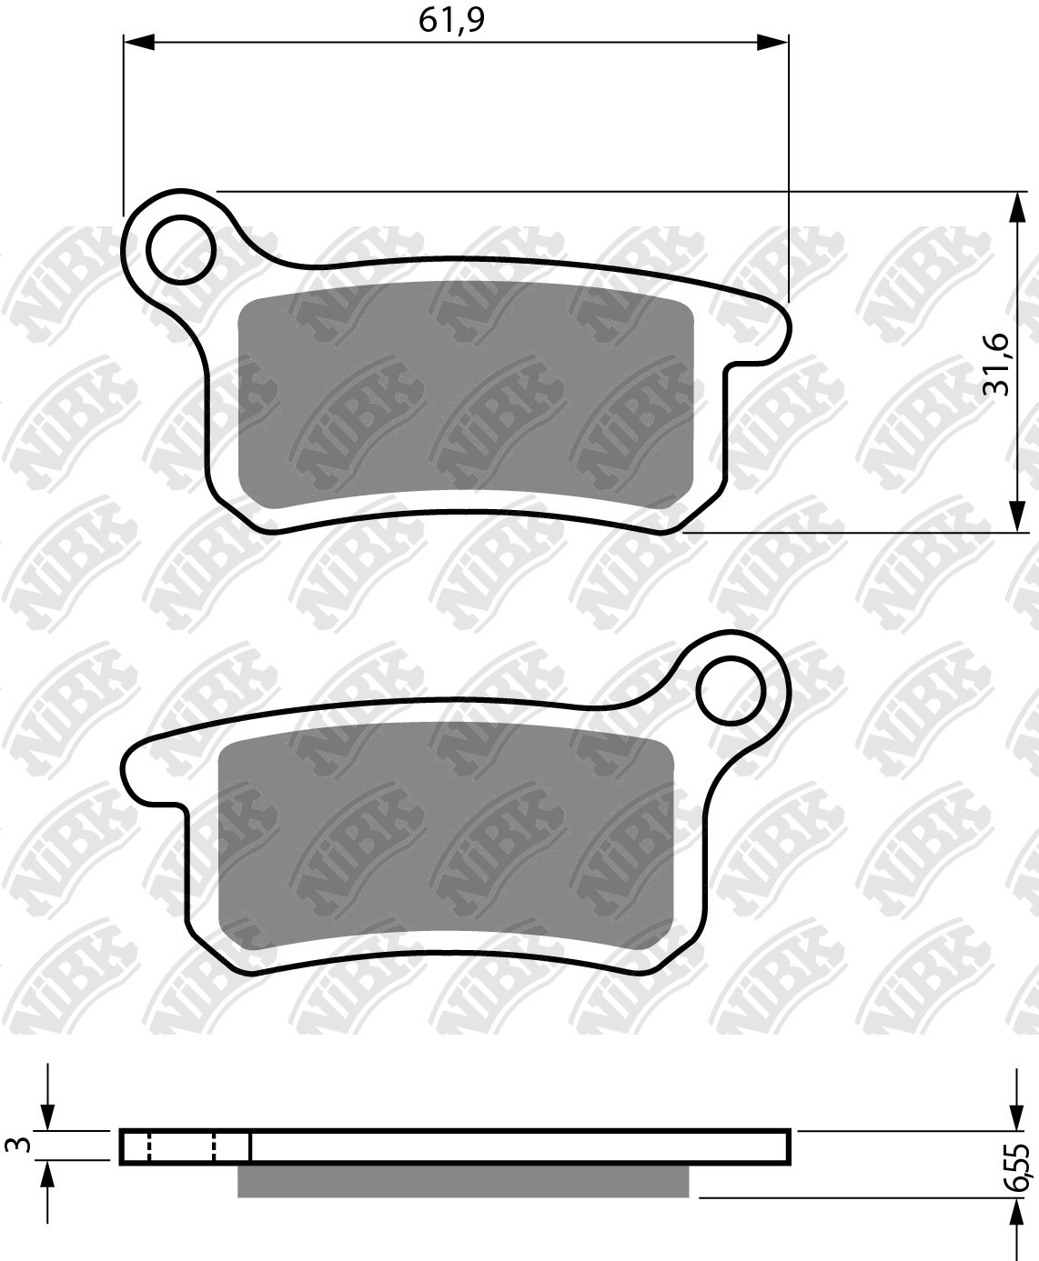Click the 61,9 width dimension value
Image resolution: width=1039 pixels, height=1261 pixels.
coord(449,20)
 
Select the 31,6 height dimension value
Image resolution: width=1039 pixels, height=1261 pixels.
coord(999,364)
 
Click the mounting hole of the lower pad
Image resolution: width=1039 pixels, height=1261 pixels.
coord(731,691)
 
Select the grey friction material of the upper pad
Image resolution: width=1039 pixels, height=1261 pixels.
coord(465,395)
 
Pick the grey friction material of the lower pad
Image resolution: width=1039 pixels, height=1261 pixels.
coord(446,836)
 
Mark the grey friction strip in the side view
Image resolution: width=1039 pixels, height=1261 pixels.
coord(463,1180)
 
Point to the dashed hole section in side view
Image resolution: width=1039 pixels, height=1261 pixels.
coord(181,1146)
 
